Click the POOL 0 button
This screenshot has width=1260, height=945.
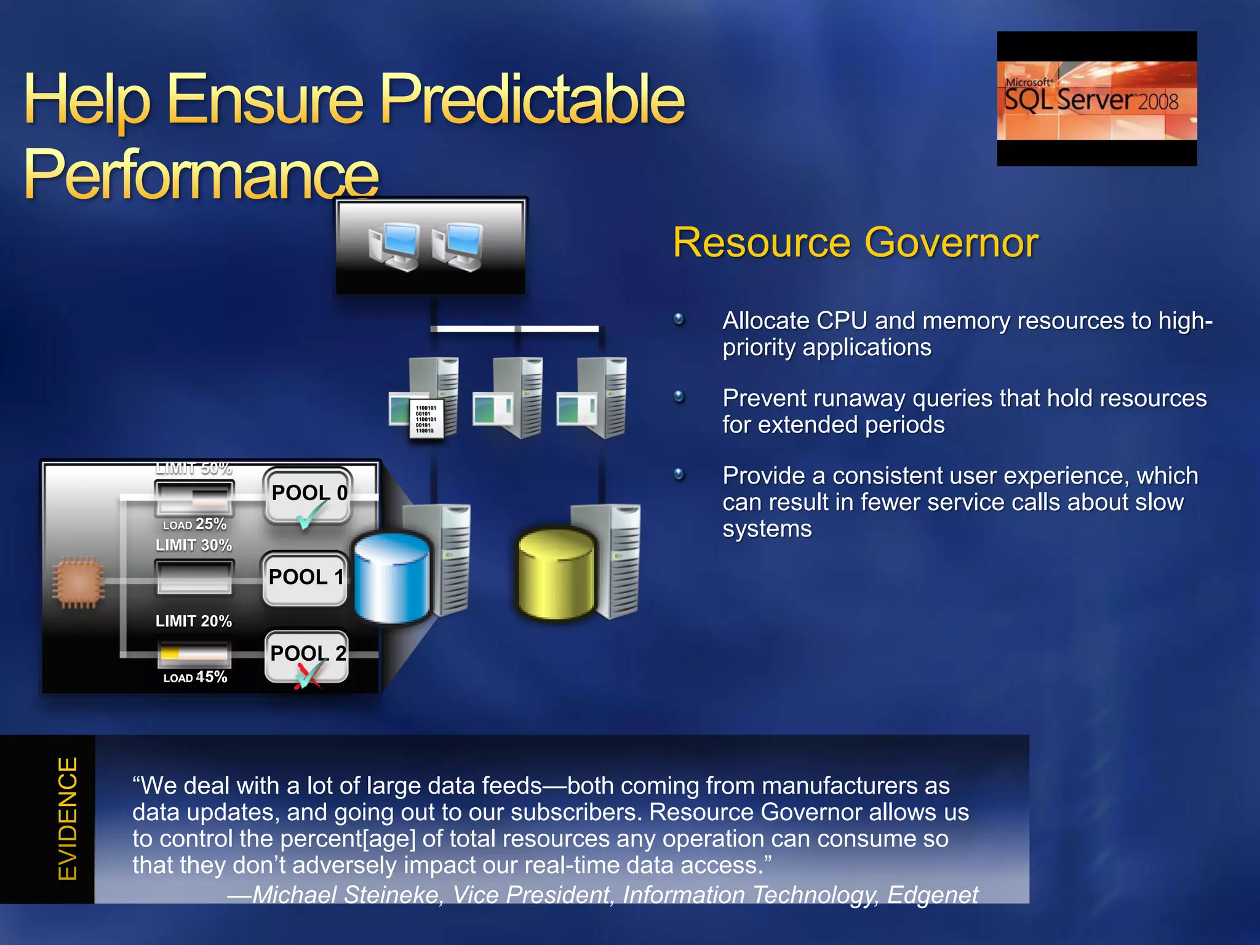pos(308,494)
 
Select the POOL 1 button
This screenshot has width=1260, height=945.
pos(305,578)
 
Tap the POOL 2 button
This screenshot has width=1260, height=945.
pos(307,654)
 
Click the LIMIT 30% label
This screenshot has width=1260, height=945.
pos(194,545)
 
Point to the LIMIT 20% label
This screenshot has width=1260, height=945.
pos(194,621)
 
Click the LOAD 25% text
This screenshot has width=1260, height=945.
pos(194,524)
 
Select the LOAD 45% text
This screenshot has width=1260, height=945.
pos(195,677)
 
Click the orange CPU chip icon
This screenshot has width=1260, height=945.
pos(78,582)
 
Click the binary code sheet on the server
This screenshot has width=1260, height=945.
pos(426,419)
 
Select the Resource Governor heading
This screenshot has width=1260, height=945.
pos(855,242)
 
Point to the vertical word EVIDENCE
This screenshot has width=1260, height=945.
pos(68,818)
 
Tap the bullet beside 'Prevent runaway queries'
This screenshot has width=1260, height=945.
pos(679,397)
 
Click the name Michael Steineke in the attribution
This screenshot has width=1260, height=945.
pos(348,895)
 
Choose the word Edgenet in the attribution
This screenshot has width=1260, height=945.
pos(933,895)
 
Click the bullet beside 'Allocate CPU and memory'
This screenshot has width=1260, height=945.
pos(679,319)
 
